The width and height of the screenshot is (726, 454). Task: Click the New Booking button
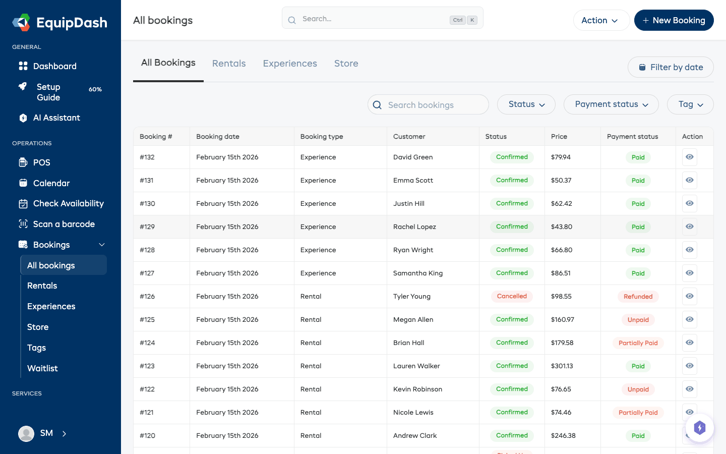[x=674, y=20]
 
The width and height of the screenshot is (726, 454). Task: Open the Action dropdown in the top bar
[x=600, y=20]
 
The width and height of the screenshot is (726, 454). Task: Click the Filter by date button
[x=671, y=67]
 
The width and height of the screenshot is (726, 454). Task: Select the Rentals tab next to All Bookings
[x=229, y=64]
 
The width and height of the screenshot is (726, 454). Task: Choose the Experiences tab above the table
[x=290, y=64]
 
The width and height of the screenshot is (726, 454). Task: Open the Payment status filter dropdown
[x=611, y=104]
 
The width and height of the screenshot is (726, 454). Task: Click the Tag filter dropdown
[x=690, y=104]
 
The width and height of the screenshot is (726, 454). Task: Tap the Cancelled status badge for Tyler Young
[x=512, y=297]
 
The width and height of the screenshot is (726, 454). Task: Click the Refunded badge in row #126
[x=638, y=297]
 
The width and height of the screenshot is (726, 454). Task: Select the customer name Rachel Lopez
[x=414, y=227]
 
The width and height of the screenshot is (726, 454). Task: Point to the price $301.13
[x=562, y=366]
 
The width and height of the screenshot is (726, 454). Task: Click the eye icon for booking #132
[x=689, y=157]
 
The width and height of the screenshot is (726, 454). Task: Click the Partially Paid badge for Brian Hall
[x=638, y=343]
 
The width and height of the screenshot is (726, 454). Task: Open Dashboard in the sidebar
[x=54, y=66]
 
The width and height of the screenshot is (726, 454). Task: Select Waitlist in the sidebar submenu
[x=42, y=368]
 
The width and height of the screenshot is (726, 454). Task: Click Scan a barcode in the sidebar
[x=64, y=224]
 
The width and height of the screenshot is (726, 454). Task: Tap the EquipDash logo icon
[x=22, y=23]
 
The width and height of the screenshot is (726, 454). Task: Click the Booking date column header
[x=218, y=137]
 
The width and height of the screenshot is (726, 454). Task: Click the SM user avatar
[x=26, y=433]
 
